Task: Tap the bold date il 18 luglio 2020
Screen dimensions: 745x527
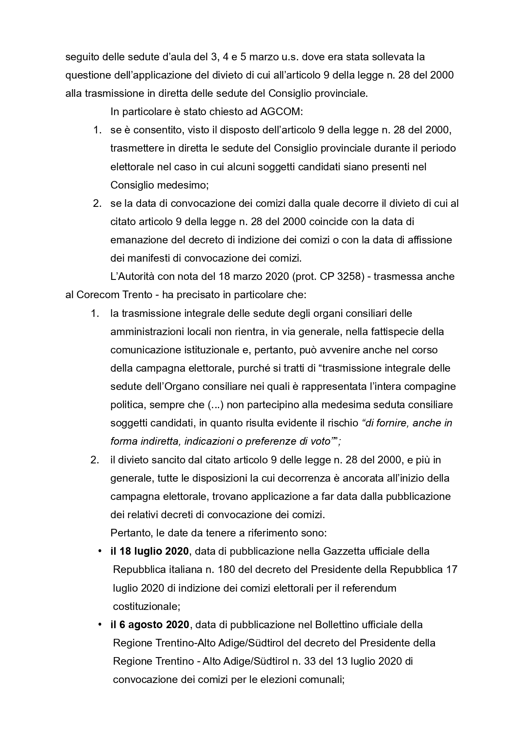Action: click(149, 551)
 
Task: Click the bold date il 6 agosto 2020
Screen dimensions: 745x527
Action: click(149, 625)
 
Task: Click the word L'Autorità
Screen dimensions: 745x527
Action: click(132, 277)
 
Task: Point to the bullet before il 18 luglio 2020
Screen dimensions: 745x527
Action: click(100, 551)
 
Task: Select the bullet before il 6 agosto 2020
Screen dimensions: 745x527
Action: click(100, 625)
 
